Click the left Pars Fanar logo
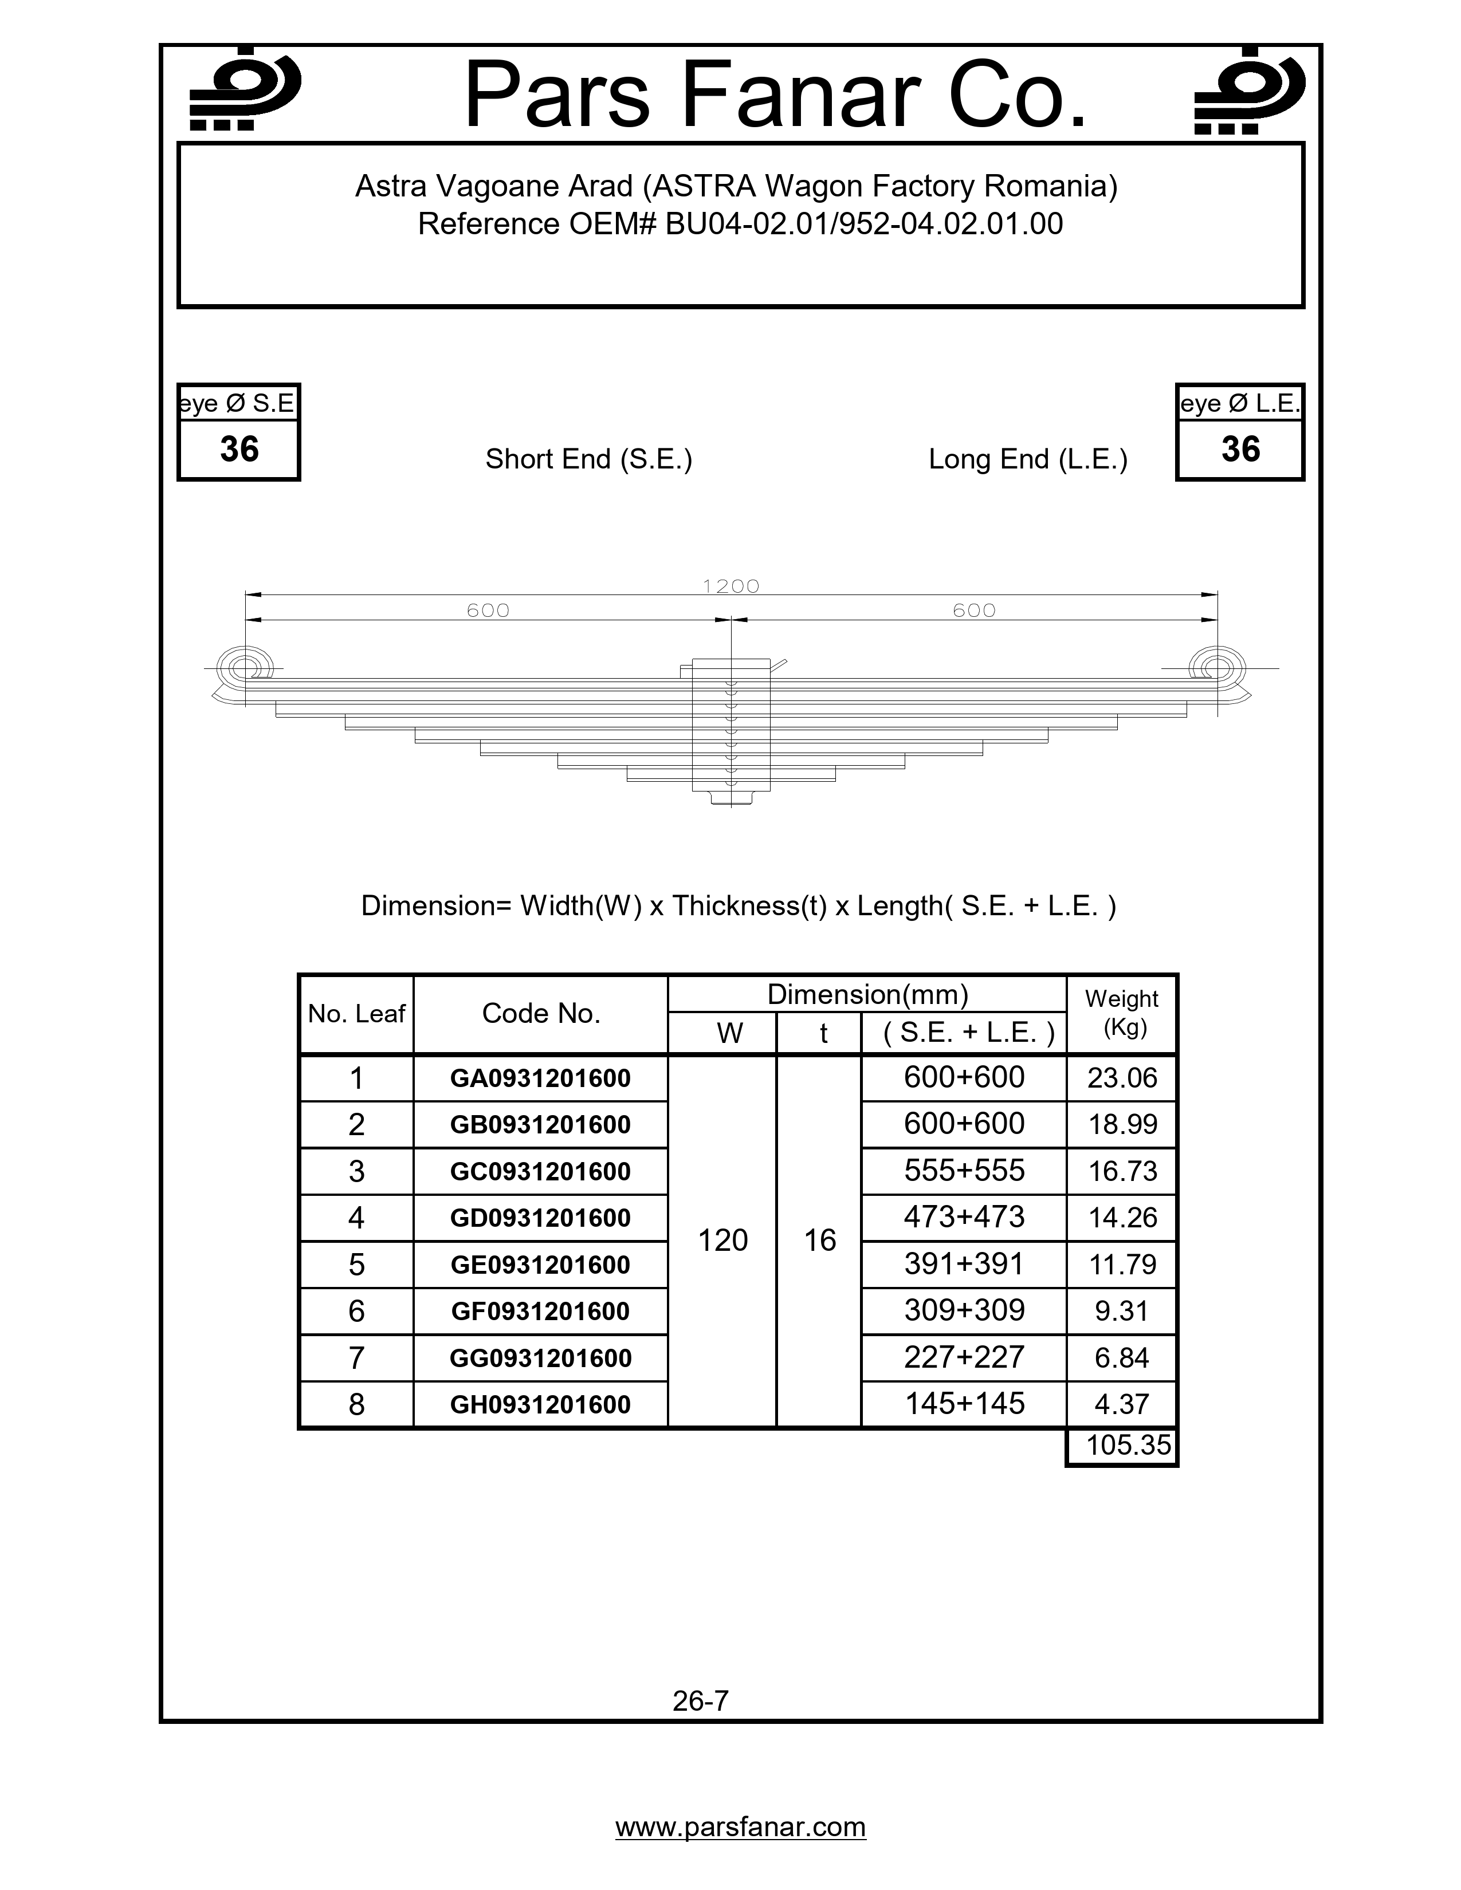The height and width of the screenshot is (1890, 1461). pos(245,90)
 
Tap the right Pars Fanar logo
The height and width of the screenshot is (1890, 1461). pos(1249,90)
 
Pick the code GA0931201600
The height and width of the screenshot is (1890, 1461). pos(540,1078)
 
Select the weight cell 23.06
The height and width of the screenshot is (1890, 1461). pos(1122,1078)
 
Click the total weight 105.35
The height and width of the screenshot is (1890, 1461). pos(1128,1445)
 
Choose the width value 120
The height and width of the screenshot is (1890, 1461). pos(722,1240)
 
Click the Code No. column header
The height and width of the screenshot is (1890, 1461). pos(541,1013)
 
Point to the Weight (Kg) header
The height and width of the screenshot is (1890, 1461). pos(1122,1013)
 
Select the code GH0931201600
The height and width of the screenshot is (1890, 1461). pos(540,1404)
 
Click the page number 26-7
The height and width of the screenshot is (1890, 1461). pos(700,1700)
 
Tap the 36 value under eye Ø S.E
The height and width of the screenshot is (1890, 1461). pos(239,449)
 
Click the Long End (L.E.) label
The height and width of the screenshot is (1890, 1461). pos(1027,459)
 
